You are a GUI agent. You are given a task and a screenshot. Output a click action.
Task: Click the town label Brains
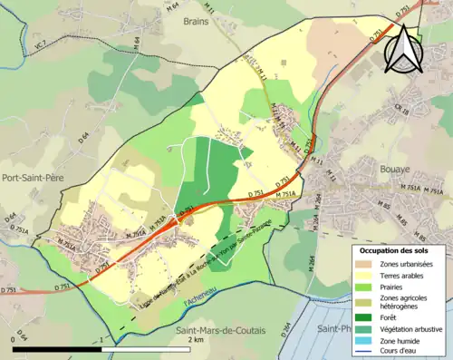tap(195, 20)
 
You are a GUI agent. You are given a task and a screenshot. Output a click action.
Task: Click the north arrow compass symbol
tap(403, 47)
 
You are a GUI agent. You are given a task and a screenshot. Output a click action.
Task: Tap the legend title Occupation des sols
tap(396, 250)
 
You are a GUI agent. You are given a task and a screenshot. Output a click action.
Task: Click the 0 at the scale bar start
tap(14, 340)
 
